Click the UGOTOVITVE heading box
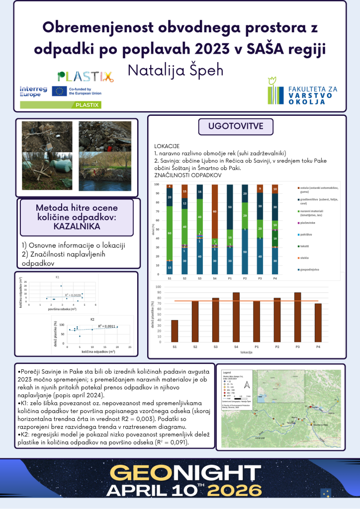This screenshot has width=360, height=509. point(236,125)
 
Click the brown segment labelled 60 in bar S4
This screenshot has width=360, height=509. point(214,211)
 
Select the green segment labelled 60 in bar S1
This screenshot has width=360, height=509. point(170,233)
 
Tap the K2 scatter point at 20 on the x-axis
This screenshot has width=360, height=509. point(117,327)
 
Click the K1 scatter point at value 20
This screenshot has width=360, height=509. point(61,286)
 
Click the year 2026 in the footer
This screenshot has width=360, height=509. point(241,490)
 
